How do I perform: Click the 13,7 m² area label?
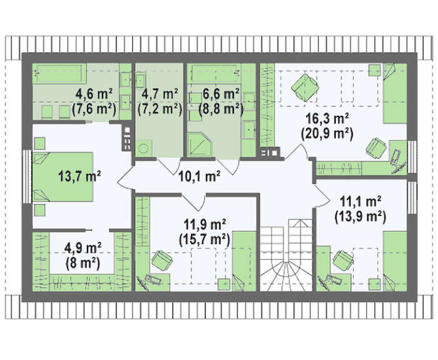point(79,176)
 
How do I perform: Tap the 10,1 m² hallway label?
point(199,176)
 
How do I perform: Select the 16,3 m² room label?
point(327,120)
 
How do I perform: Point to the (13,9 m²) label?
point(360,217)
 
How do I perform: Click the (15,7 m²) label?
point(204,239)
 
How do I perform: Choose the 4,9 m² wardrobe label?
point(83,248)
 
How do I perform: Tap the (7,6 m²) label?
point(94,109)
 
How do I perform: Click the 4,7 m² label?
point(160,94)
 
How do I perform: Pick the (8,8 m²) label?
point(221,109)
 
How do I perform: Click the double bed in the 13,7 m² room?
point(63,177)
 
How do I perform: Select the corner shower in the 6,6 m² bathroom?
point(200,144)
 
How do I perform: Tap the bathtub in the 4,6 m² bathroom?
point(59,73)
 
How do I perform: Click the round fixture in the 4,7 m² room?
point(144,148)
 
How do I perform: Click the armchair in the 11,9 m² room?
point(161,260)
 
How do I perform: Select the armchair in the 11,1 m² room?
point(344,260)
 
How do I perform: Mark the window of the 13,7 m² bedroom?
point(27,177)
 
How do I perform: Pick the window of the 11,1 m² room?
point(412,198)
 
